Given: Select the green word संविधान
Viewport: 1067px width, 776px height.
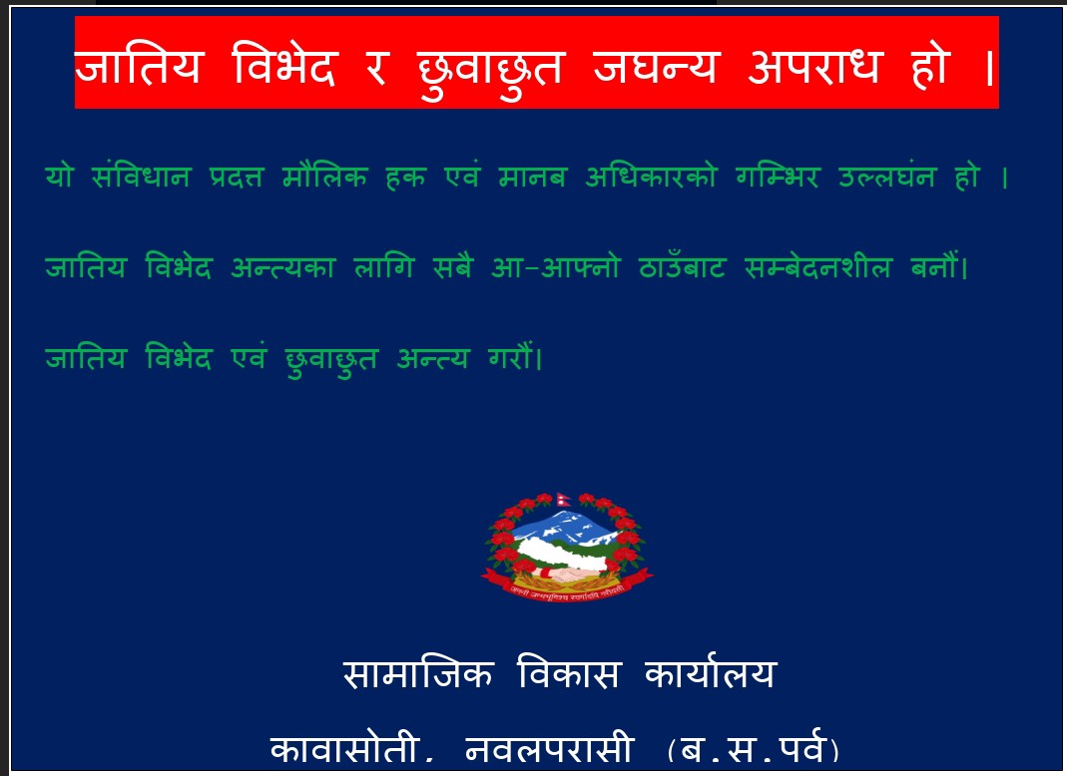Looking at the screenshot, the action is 141,176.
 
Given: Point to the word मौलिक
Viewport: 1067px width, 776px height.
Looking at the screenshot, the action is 324,176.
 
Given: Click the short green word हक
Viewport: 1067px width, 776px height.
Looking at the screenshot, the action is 405,177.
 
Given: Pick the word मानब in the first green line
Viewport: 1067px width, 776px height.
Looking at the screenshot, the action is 532,177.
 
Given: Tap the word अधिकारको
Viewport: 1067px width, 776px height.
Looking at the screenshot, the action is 651,176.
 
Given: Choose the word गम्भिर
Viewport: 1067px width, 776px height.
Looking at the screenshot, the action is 778,176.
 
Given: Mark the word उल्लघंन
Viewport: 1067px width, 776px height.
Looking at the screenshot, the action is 887,176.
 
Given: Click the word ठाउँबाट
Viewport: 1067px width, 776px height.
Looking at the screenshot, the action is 682,266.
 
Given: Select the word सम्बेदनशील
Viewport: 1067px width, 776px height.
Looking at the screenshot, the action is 817,266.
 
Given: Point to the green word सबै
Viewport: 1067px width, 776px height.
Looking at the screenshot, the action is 452,266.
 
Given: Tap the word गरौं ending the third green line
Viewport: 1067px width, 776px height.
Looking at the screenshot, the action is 514,357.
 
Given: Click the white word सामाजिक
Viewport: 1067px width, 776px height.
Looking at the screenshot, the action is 417,673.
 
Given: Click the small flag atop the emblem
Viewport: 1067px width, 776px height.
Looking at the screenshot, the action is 563,500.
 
